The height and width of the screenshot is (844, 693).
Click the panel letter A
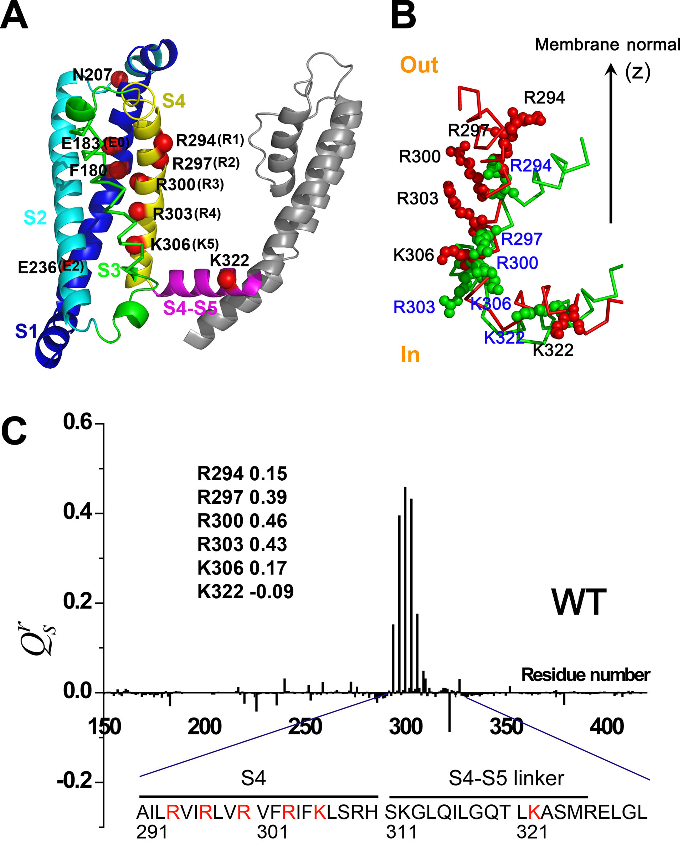(x=14, y=16)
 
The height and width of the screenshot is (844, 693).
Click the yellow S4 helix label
(x=174, y=101)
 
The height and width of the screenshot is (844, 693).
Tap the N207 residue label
(x=92, y=75)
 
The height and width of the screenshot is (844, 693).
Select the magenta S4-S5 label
(x=190, y=307)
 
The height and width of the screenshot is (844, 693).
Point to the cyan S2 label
(x=35, y=218)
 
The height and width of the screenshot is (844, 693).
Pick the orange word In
(x=410, y=354)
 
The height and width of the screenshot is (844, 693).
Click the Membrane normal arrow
(x=610, y=144)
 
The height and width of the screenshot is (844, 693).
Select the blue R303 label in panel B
(x=414, y=307)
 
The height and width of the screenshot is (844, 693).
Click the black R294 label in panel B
(x=544, y=98)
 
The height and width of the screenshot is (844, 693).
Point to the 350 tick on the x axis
(x=506, y=727)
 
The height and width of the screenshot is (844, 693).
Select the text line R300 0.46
(x=242, y=521)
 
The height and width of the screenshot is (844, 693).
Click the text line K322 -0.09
(x=245, y=591)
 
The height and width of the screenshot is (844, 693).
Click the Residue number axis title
(x=585, y=674)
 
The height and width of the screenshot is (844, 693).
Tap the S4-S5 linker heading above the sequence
(x=506, y=778)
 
